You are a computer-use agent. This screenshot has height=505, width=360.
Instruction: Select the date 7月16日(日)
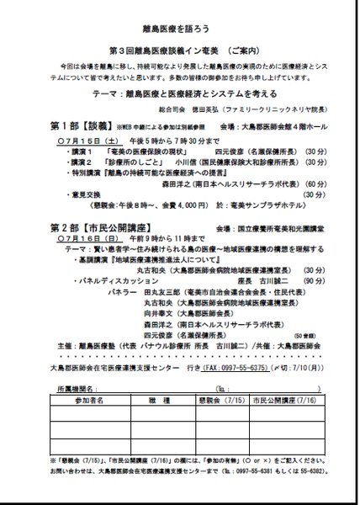click(78, 240)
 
